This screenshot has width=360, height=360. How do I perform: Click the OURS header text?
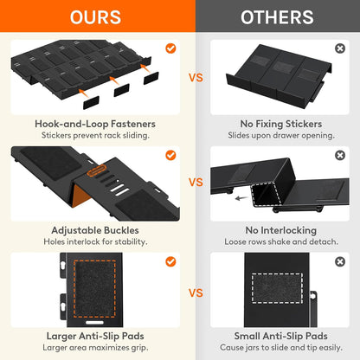coord(95,17)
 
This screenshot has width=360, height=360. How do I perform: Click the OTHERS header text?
coord(277,17)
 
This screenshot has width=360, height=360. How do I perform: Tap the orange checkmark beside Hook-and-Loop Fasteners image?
coord(170,48)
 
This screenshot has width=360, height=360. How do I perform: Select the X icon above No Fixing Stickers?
coord(340,48)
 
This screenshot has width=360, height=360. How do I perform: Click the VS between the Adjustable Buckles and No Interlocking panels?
coord(196,183)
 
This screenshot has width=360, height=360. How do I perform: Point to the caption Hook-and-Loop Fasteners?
coord(95,124)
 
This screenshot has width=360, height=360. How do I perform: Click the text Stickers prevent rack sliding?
coord(95,135)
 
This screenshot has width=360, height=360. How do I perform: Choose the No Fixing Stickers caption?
coord(281,124)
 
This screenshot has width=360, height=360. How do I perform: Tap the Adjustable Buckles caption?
coord(95,230)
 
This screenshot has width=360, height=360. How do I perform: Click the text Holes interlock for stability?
coord(95,241)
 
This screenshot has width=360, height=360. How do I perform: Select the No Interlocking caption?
coord(281,230)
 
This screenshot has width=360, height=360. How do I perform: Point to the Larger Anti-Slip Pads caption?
coord(95,336)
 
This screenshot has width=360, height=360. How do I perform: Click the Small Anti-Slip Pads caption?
coord(281,336)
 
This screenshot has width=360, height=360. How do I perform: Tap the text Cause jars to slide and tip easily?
coord(281,348)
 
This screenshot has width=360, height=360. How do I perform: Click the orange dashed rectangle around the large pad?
coord(74,288)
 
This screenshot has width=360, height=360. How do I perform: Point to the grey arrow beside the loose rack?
coord(241,198)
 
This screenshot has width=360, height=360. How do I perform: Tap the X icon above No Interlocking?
coord(340,155)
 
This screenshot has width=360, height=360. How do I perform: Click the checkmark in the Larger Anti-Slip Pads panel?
coord(170,261)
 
